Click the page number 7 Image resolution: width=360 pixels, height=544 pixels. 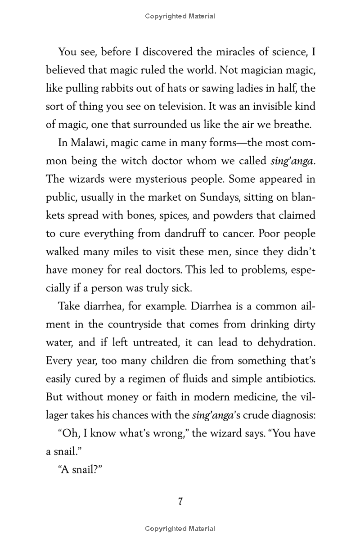click(x=180, y=502)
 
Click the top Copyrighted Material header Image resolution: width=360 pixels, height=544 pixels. click(x=180, y=16)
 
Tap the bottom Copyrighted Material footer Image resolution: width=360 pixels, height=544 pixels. click(x=180, y=529)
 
